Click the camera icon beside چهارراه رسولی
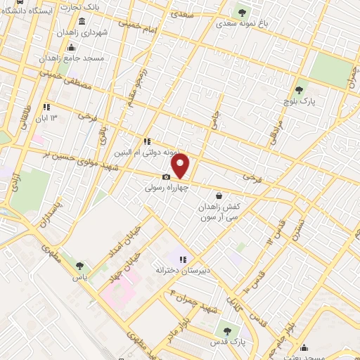tap(166, 177)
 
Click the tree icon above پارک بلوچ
tap(300, 90)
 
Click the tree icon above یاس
tap(78, 266)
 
